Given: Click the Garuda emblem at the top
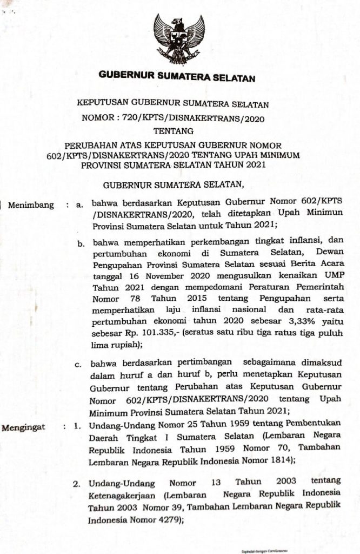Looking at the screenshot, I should (x=179, y=39).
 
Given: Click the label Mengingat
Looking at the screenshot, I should (x=24, y=428).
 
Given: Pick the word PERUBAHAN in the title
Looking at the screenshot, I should (x=89, y=145).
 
